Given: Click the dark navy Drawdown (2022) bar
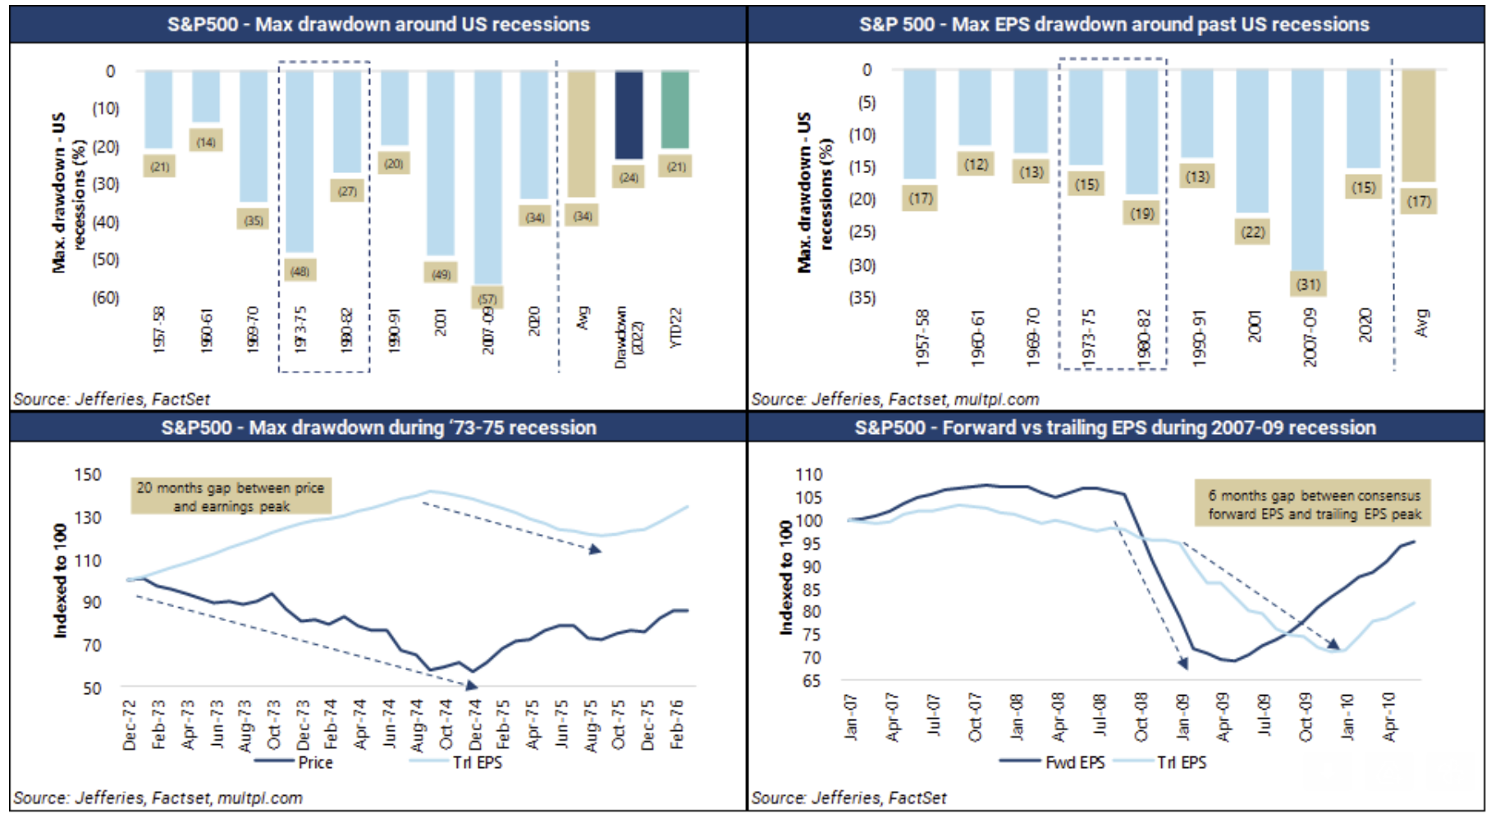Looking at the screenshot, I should pos(629,115).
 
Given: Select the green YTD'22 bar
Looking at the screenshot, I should pos(675,110).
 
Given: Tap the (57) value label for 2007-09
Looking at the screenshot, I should pos(487,299).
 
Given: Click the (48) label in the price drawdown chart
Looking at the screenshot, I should pos(300,271).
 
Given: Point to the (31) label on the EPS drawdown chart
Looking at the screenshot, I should pos(1308,284).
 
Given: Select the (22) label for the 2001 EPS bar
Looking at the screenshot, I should pos(1253,232).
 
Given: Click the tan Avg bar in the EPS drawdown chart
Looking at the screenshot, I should pos(1419,126).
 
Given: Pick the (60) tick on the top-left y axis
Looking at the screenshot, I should pos(105,298).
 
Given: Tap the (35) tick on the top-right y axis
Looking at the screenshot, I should pos(862,298).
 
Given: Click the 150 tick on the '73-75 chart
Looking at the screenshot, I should pos(87,475).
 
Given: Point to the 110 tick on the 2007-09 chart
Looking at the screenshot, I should pos(808,475).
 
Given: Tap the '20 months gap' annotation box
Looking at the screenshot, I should pos(231,496).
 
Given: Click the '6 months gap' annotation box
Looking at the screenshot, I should pos(1313,504).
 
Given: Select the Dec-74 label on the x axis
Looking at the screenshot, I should pos(475,724).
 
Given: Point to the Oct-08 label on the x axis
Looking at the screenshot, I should pos(1141,718).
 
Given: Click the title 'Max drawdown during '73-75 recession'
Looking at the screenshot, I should pos(378,427).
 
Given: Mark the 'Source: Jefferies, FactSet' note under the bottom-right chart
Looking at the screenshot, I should pos(848,797).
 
